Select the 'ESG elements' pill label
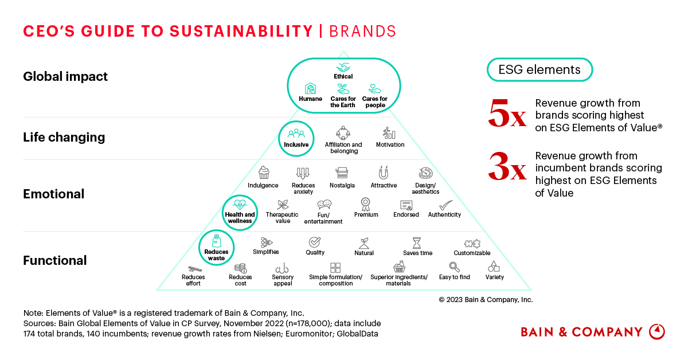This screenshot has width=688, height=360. tap(539, 70)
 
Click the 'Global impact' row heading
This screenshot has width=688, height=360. tap(65, 76)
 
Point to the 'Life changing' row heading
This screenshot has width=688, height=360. tap(64, 137)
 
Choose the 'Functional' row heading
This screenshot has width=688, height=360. tap(55, 260)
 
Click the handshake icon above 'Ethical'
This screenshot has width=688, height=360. tap(343, 67)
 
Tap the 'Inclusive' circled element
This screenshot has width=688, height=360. tap(296, 138)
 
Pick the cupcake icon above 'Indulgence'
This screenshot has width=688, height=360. tap(264, 173)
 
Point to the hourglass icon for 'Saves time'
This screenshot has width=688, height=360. tap(417, 242)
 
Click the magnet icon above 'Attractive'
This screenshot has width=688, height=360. tap(384, 173)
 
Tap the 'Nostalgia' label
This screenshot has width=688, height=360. tap(342, 186)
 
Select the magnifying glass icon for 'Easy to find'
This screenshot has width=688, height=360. tap(454, 267)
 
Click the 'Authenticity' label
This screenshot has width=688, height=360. tap(444, 215)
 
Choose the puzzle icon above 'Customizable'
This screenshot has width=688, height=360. tap(472, 243)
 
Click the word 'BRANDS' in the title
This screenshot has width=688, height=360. tap(362, 30)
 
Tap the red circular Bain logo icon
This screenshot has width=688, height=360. tap(656, 331)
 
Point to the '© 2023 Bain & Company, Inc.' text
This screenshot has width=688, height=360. tap(486, 299)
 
